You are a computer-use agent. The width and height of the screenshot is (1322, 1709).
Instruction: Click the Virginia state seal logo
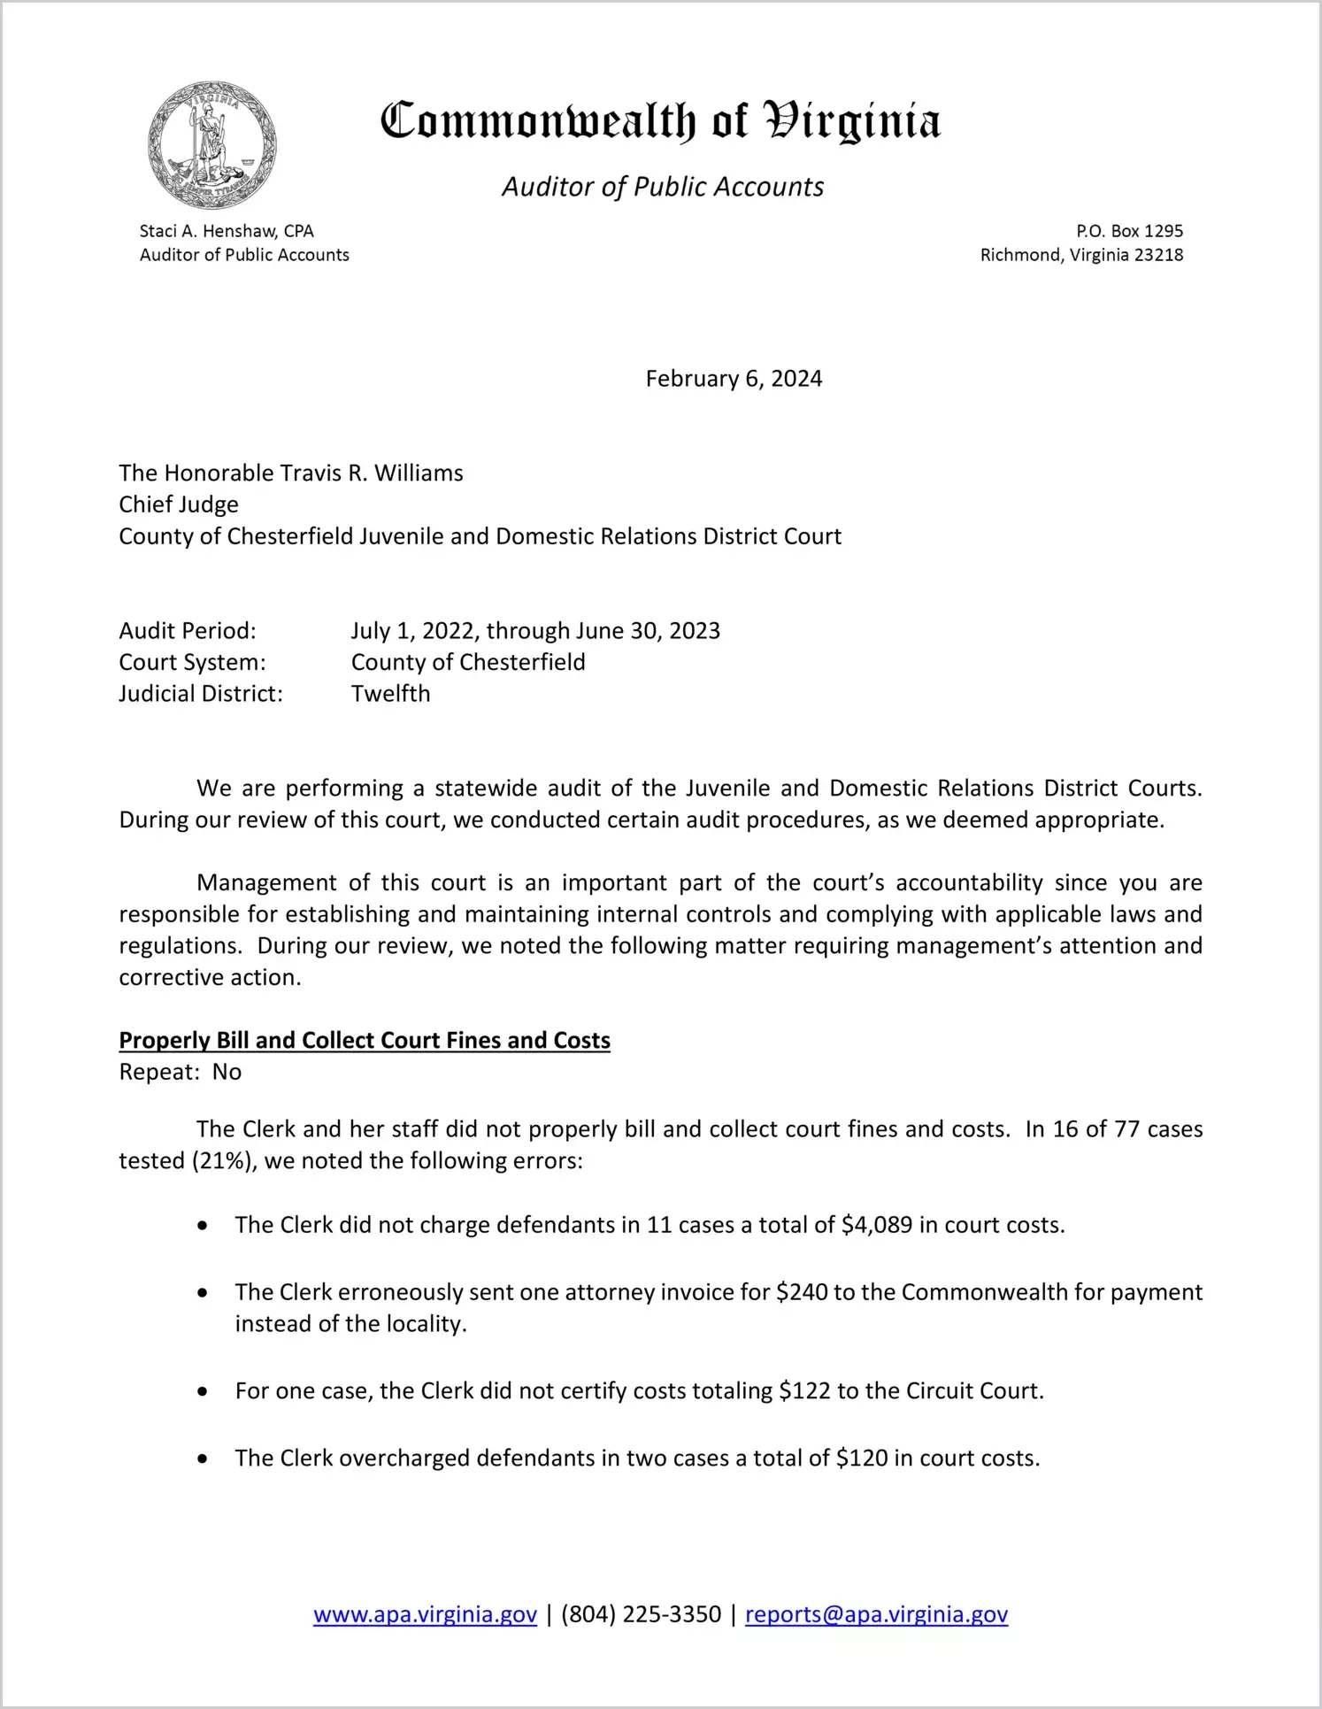[x=212, y=145]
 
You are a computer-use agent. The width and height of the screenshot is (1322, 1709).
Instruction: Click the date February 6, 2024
[x=734, y=379]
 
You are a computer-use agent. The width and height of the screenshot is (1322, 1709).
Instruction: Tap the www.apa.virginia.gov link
[x=425, y=1614]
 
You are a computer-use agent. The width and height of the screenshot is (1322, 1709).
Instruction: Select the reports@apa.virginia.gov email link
[x=876, y=1614]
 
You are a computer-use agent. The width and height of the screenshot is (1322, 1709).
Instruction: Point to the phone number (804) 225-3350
[x=641, y=1614]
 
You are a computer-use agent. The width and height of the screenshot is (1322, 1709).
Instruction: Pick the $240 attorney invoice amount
[x=802, y=1292]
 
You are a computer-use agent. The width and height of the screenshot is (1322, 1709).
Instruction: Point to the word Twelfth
[x=390, y=694]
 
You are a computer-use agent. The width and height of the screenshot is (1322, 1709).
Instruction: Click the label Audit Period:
[x=188, y=631]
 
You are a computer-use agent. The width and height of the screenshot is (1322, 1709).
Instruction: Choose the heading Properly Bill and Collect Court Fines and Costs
[x=365, y=1041]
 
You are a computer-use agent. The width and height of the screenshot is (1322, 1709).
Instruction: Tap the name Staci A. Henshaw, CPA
[x=227, y=231]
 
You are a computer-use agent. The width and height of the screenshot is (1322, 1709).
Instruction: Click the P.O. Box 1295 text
[x=1129, y=231]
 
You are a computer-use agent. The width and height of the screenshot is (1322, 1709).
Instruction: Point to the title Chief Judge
[x=179, y=504]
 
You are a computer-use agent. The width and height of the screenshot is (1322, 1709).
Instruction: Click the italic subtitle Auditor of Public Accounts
[x=663, y=187]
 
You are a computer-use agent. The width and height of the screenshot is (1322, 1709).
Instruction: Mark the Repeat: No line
[x=181, y=1073]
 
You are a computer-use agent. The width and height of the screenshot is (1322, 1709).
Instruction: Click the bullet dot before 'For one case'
[x=204, y=1392]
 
